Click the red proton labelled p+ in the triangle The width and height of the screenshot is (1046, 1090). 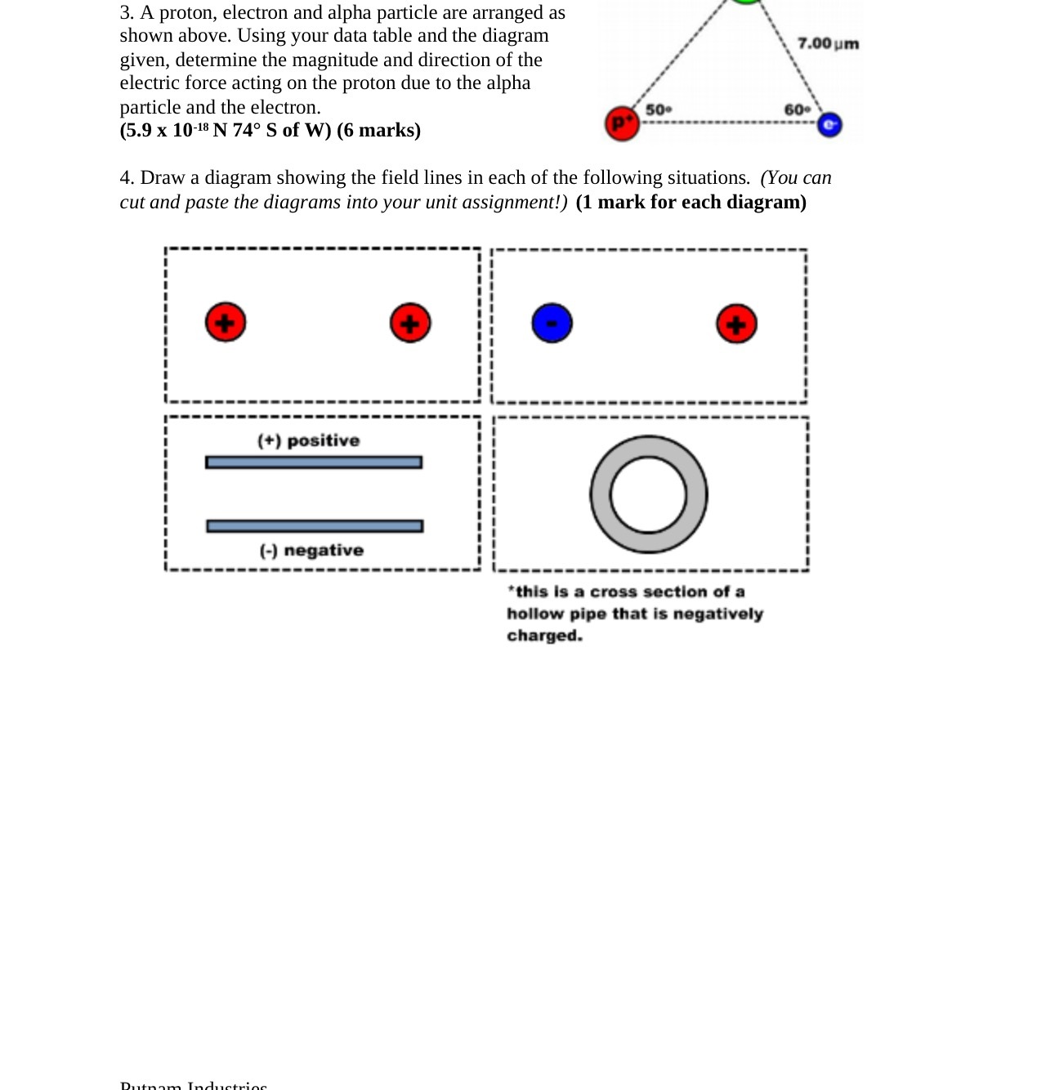[622, 123]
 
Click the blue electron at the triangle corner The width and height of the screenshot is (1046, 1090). [829, 125]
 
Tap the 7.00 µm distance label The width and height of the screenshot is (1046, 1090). [828, 43]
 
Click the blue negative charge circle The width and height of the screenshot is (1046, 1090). [552, 324]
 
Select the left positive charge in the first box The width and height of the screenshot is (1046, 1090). [226, 323]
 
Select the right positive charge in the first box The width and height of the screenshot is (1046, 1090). [410, 324]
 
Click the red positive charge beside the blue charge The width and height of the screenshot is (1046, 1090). [736, 324]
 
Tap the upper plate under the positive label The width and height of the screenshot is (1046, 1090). [314, 462]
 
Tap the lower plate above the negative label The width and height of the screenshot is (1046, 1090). [315, 526]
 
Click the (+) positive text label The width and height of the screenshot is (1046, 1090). [308, 440]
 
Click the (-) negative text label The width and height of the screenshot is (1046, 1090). [311, 551]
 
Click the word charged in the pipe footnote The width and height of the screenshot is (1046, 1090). [544, 636]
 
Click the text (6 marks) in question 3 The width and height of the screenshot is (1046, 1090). [378, 131]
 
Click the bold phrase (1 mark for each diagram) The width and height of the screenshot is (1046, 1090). [691, 203]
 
